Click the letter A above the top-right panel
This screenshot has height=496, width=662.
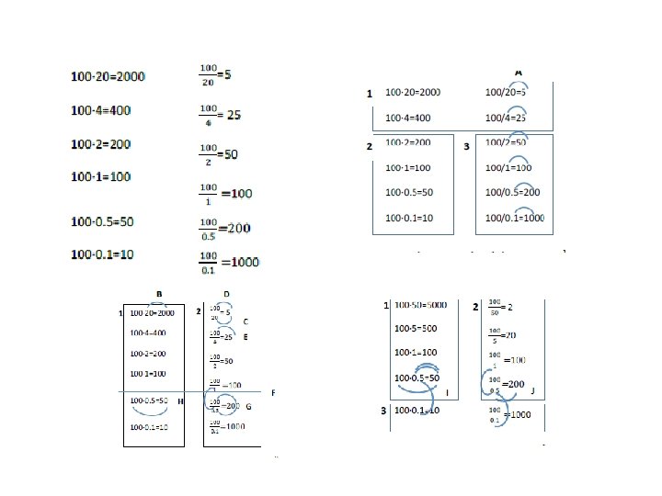pyautogui.click(x=519, y=71)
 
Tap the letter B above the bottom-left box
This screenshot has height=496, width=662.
pyautogui.click(x=159, y=293)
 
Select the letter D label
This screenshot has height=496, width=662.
pyautogui.click(x=226, y=293)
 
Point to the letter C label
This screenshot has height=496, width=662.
pyautogui.click(x=245, y=322)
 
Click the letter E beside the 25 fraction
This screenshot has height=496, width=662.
pyautogui.click(x=245, y=337)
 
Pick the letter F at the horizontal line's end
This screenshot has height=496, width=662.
pyautogui.click(x=273, y=392)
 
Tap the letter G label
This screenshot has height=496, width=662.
pyautogui.click(x=248, y=405)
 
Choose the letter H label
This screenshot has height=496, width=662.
pyautogui.click(x=181, y=402)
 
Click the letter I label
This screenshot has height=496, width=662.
pyautogui.click(x=447, y=392)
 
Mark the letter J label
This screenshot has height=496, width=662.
pyautogui.click(x=533, y=390)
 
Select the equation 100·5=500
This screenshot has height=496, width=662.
pyautogui.click(x=416, y=329)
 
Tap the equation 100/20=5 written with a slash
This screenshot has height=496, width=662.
pyautogui.click(x=505, y=92)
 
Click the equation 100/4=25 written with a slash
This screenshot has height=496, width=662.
pyautogui.click(x=505, y=118)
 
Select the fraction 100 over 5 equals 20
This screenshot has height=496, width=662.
pyautogui.click(x=503, y=335)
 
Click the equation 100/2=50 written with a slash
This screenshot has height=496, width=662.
pyautogui.click(x=506, y=142)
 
